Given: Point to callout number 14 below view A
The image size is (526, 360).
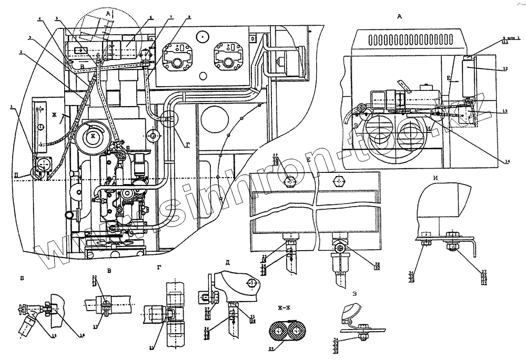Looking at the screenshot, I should pos(507,162).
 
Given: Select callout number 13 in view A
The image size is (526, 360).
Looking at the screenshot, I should pos(504,111).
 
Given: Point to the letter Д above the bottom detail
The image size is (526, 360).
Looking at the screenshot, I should pos(227,262).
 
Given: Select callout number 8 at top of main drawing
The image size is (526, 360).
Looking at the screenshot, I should pos(189,18).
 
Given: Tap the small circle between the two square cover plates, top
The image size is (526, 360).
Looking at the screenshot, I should pos(201,36).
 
